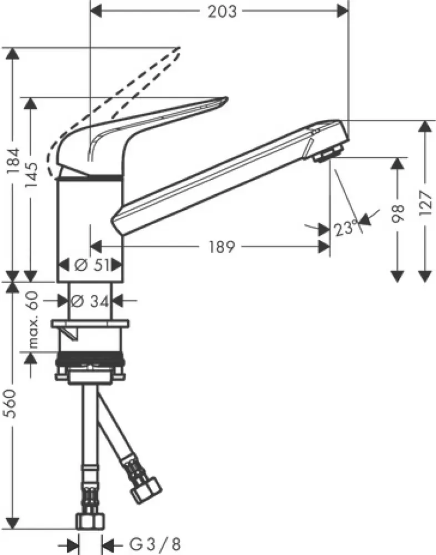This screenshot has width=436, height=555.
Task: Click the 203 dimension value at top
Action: [221, 11]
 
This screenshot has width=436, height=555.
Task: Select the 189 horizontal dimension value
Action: [221, 247]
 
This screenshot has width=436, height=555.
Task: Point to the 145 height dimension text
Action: [32, 176]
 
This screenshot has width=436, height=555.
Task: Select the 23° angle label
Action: [347, 228]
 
